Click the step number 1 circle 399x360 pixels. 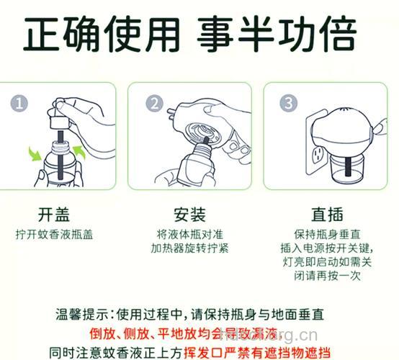click(x=20, y=103)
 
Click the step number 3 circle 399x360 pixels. click(x=287, y=103)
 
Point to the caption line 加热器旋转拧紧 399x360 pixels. click(x=189, y=248)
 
